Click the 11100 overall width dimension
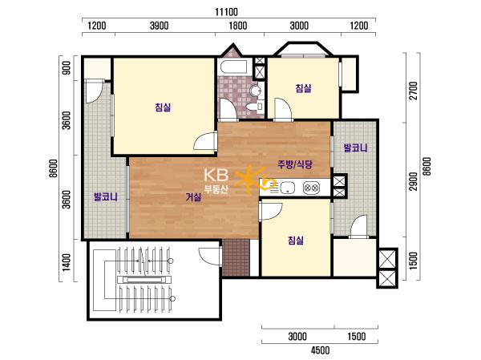pyautogui.click(x=226, y=12)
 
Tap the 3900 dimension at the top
pyautogui.click(x=160, y=26)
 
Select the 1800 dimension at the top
pyautogui.click(x=238, y=26)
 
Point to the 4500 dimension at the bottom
pyautogui.click(x=320, y=350)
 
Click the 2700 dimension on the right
pyautogui.click(x=414, y=91)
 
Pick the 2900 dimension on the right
pyautogui.click(x=414, y=181)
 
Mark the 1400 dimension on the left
pyautogui.click(x=67, y=262)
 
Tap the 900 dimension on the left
pyautogui.click(x=67, y=68)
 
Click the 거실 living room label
pyautogui.click(x=193, y=197)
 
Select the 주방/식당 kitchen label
pyautogui.click(x=295, y=164)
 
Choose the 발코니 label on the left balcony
pyautogui.click(x=106, y=196)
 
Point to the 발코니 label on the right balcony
pyautogui.click(x=355, y=148)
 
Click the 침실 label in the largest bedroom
pyautogui.click(x=163, y=107)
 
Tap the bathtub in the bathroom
pyautogui.click(x=235, y=67)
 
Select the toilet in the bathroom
pyautogui.click(x=255, y=107)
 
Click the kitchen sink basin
pyautogui.click(x=286, y=187)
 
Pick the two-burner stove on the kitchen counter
pyautogui.click(x=311, y=187)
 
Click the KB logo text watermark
pyautogui.click(x=216, y=176)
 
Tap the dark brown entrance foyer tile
pyautogui.click(x=236, y=257)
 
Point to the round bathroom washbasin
pyautogui.click(x=256, y=91)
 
